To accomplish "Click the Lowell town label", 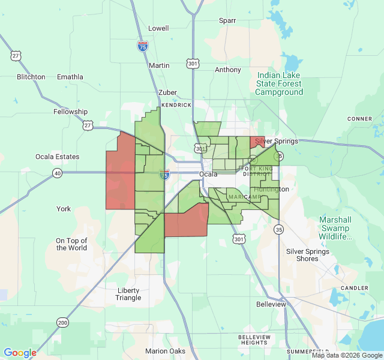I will click(x=158, y=28).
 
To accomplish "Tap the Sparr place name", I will click(x=227, y=20).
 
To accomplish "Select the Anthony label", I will click(x=228, y=70).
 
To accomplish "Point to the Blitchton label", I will click(x=31, y=77).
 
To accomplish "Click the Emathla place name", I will click(x=70, y=77).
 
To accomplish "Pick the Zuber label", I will click(x=167, y=92).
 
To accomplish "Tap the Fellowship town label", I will click(x=70, y=112).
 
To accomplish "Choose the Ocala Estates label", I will click(x=57, y=157).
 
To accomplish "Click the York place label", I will click(x=64, y=209).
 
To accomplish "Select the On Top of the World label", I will click(x=71, y=244).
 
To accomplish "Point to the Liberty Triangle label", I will click(x=128, y=294).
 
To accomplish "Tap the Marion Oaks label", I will click(x=165, y=351).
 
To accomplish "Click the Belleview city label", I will click(x=271, y=304).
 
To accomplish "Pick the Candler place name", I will click(x=354, y=288).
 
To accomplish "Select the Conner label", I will click(x=359, y=119).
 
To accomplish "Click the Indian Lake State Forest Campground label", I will click(x=279, y=84).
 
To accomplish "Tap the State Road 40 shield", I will click(x=57, y=173).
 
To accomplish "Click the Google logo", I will click(x=20, y=353).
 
